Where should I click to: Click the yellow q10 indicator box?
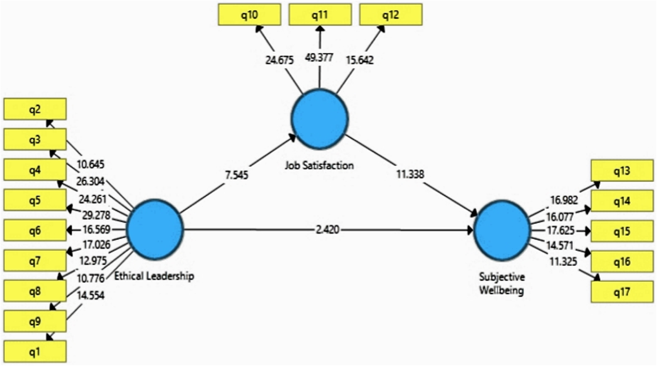click(x=249, y=15)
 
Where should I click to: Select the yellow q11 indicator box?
click(x=320, y=15)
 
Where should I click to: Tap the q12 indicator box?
click(x=391, y=15)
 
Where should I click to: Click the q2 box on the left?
click(x=35, y=110)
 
